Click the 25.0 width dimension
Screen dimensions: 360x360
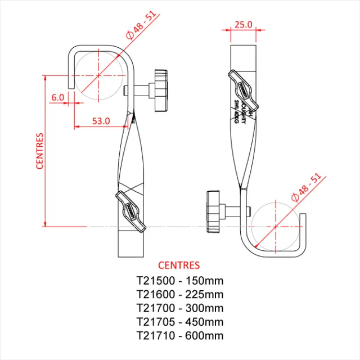(243, 25)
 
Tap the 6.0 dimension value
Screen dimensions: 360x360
(57, 97)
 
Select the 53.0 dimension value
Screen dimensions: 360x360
(101, 121)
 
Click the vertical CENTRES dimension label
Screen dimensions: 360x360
(40, 151)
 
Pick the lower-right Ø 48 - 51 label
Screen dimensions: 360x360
(307, 187)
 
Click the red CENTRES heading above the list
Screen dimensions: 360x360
(179, 265)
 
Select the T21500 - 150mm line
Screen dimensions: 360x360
(179, 280)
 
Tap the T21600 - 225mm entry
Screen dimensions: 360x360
(179, 294)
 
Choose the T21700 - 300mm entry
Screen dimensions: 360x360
(179, 308)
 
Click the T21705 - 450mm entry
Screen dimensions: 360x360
(179, 322)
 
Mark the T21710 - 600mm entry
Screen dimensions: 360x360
(179, 336)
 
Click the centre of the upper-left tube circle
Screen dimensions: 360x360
(98, 75)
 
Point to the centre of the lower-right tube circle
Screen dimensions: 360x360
(275, 227)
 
